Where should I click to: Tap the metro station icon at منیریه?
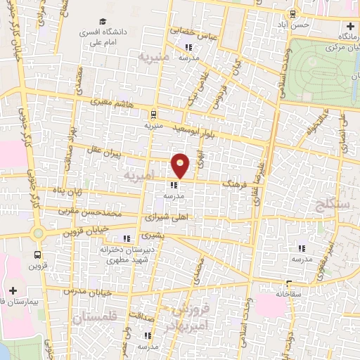(x=154, y=114)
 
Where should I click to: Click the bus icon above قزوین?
(x=37, y=255)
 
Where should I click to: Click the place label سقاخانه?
(x=288, y=293)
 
